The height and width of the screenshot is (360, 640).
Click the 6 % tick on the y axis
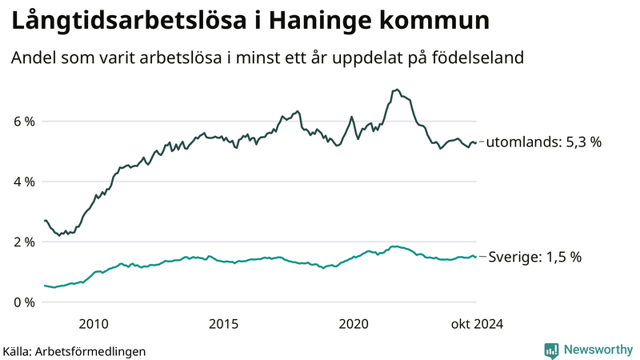coord(23,122)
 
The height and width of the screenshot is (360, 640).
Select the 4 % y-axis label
coord(23,182)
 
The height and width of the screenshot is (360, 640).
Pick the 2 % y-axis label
coord(23,242)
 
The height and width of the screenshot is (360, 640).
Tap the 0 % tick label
coord(23,302)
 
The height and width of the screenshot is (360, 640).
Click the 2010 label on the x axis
coord(94,323)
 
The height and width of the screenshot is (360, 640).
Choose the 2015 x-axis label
coord(223,323)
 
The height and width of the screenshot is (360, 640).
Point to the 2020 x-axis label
coord(354,323)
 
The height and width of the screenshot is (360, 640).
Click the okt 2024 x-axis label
coord(478,323)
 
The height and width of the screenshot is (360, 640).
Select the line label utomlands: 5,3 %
coord(544,142)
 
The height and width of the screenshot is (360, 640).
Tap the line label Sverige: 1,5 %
coord(535,257)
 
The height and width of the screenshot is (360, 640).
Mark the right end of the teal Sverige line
coord(476,257)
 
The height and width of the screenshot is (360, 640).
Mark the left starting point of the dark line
coord(45,220)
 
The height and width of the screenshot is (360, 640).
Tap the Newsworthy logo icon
coord(551,350)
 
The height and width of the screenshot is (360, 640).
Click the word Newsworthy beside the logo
coord(598,350)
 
